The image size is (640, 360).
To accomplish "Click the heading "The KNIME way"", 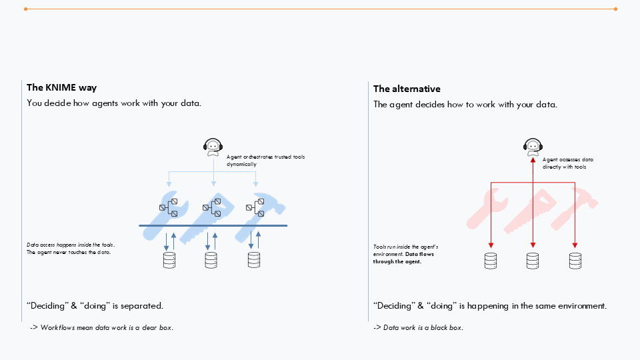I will tap(62, 87).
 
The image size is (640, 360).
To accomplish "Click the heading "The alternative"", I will tap(407, 89).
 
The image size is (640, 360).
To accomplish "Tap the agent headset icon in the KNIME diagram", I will tap(213, 146).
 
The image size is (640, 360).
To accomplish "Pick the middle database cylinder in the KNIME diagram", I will tap(211, 260).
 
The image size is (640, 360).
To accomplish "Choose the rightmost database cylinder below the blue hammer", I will tap(253, 260).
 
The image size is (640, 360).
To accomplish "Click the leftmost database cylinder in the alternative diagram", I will tap(491, 261).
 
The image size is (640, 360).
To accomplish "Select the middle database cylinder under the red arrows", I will tap(532, 261).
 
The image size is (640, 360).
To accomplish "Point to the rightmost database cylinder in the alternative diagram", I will tap(575, 261).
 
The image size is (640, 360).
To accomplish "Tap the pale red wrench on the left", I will tap(487, 207).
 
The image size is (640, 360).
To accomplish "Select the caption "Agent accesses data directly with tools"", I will tap(567, 163).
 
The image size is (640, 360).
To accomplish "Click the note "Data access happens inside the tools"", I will tap(70, 245).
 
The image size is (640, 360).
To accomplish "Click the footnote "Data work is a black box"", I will tap(418, 327).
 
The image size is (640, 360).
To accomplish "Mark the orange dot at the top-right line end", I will tap(615, 9).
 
